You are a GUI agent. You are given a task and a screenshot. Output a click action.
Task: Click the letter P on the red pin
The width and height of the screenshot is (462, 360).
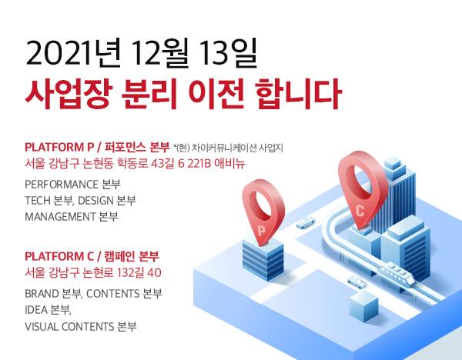coord(261,231)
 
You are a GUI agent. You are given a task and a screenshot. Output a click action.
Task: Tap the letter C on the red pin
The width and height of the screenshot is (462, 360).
coord(360,211)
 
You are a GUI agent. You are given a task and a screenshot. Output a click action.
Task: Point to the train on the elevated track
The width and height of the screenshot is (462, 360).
coord(396,273)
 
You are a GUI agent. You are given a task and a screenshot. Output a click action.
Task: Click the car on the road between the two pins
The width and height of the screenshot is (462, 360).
coord(305,222)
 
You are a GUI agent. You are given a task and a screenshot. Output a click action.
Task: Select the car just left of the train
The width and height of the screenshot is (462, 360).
coord(357,282)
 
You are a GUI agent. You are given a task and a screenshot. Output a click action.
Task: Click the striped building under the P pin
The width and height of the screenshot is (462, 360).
coord(263,259)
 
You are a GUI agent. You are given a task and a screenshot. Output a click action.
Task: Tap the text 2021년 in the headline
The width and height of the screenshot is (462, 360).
coord(73,53)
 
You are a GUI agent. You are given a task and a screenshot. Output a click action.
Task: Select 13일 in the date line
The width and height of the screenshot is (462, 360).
coord(229,53)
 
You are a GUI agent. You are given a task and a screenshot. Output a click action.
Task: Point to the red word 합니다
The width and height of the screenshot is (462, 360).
coord(298,94)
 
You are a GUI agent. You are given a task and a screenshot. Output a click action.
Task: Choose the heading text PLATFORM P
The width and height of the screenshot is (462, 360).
coord(59,147)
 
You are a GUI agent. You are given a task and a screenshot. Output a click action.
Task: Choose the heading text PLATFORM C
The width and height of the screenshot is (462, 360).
coord(59,256)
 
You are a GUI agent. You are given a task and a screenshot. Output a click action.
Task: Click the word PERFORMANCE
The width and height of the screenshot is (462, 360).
coord(62,185)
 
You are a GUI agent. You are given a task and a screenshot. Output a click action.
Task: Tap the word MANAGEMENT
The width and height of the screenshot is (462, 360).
coord(60,217)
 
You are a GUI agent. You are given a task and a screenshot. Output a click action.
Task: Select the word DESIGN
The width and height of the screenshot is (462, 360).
coord(95,201)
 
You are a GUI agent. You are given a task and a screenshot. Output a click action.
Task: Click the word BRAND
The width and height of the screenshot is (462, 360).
coord(42,294)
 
